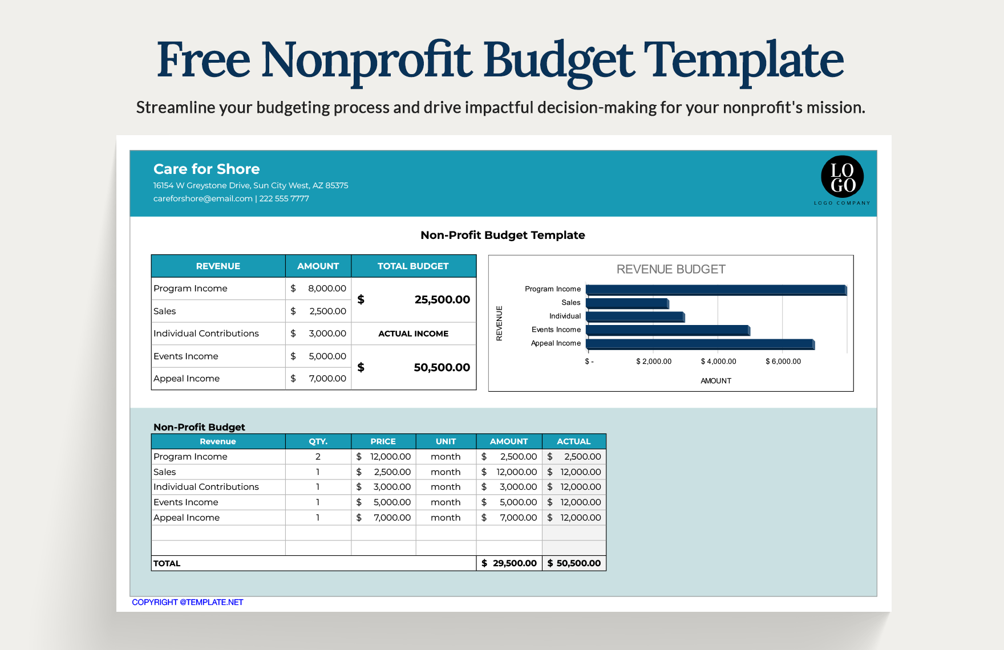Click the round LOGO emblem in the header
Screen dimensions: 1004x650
pos(842,177)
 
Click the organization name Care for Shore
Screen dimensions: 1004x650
pos(207,169)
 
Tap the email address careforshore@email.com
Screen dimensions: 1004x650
pos(203,198)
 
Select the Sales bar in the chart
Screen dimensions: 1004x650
pos(627,303)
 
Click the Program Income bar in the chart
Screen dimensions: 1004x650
pos(716,290)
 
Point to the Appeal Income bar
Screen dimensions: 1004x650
pos(701,344)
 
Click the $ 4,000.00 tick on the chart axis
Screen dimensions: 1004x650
pos(718,361)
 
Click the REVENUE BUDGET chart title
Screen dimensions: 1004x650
pos(671,269)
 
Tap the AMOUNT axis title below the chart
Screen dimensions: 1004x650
pos(716,381)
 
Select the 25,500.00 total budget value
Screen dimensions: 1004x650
pos(442,299)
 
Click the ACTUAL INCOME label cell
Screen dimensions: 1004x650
pos(414,334)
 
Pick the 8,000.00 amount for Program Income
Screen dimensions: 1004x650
pos(327,289)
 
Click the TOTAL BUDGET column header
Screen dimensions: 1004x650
pos(414,266)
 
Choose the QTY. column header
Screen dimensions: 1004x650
pos(318,441)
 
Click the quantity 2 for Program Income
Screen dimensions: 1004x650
pos(318,457)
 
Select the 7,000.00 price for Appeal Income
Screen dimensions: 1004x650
pos(392,518)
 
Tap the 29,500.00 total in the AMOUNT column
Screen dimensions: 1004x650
pos(515,563)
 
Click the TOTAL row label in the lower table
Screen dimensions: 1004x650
pos(167,563)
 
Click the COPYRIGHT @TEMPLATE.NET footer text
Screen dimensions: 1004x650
pos(188,602)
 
